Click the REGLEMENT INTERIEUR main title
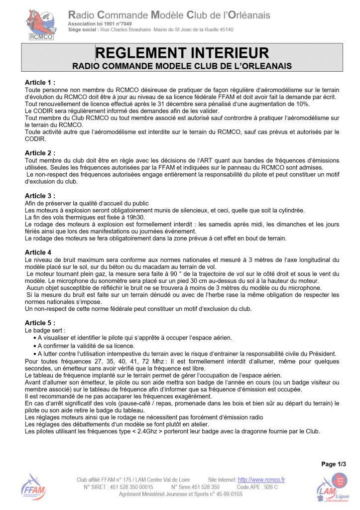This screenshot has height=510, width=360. tap(182, 53)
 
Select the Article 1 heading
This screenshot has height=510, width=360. tap(40, 83)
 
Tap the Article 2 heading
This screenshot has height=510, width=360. tap(40, 153)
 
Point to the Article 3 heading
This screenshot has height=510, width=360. tap(40, 196)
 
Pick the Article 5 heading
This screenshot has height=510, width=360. tap(40, 323)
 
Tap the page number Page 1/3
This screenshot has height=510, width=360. tap(334, 464)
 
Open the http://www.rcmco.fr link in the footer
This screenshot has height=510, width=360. tap(261, 480)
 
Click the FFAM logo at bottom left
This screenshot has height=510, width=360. tap(34, 487)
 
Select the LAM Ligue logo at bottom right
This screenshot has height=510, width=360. tap(333, 487)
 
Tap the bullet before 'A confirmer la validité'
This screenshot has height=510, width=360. tap(33, 346)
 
